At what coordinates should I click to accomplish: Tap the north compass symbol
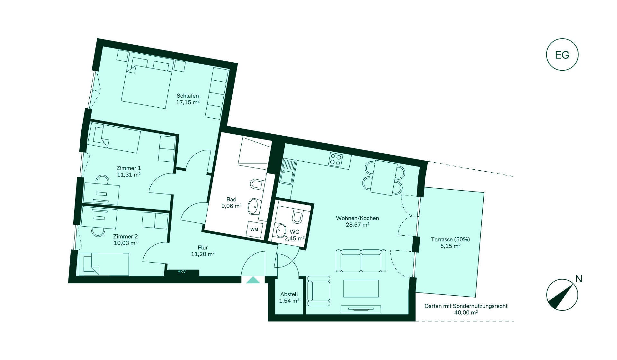pyautogui.click(x=562, y=294)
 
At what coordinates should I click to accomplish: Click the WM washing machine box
pyautogui.click(x=254, y=229)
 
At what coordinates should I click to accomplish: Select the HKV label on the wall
pyautogui.click(x=182, y=272)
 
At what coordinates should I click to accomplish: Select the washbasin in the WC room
pyautogui.click(x=281, y=230)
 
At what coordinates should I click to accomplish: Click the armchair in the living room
pyautogui.click(x=319, y=291)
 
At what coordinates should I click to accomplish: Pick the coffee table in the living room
pyautogui.click(x=361, y=288)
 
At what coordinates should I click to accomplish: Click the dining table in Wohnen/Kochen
pyautogui.click(x=383, y=178)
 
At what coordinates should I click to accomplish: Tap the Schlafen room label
pyautogui.click(x=188, y=95)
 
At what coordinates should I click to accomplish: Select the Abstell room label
pyautogui.click(x=289, y=294)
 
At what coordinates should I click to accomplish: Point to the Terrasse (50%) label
pyautogui.click(x=450, y=239)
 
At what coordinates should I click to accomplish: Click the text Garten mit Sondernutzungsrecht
pyautogui.click(x=466, y=306)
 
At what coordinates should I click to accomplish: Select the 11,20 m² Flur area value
pyautogui.click(x=203, y=254)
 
